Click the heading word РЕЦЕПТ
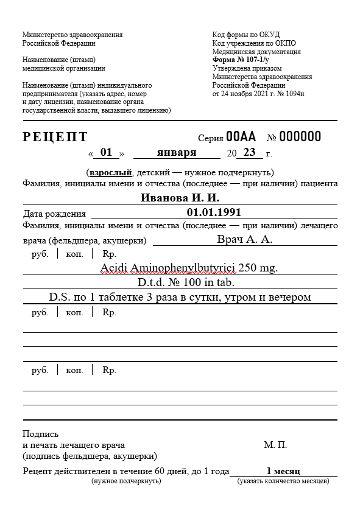(x=55, y=137)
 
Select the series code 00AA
(x=241, y=136)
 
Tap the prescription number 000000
(x=299, y=136)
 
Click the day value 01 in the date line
(x=107, y=152)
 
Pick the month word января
(x=177, y=152)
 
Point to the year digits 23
(x=249, y=152)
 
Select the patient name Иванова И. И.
(x=180, y=198)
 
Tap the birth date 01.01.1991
(x=214, y=212)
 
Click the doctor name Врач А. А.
(x=244, y=239)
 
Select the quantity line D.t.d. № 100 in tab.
(x=182, y=282)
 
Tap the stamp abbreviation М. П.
(x=275, y=446)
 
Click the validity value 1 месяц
(x=283, y=471)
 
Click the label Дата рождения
(x=54, y=214)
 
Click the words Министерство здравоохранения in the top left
(x=72, y=35)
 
